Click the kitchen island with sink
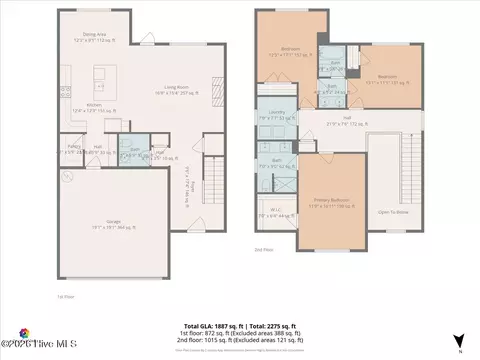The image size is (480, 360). tap(101, 78)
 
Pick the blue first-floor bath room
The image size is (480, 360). tap(132, 152)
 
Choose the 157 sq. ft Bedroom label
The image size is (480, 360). tap(291, 50)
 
